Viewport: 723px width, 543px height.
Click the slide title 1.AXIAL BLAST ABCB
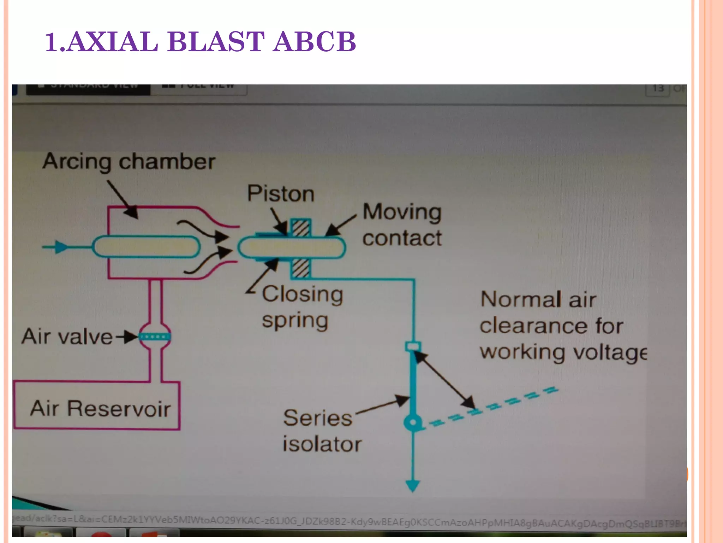coord(201,42)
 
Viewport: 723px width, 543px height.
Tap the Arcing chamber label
coord(129,162)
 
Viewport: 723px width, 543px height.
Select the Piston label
coord(281,194)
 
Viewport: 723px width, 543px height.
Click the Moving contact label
coord(402,225)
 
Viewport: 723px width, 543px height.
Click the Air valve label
coord(67,337)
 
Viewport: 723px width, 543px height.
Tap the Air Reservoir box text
coord(100,409)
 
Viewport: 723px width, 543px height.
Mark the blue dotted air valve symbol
coord(155,337)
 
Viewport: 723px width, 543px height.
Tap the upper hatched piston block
coord(301,227)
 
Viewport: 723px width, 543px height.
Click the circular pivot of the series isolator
coord(412,422)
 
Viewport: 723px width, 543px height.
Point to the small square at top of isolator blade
coord(413,346)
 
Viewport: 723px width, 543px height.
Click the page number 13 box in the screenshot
coord(658,89)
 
